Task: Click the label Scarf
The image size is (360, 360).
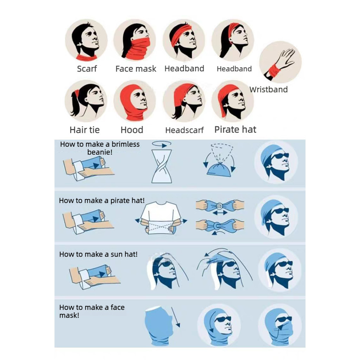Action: coord(87,69)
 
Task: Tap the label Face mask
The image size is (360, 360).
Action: coord(136,69)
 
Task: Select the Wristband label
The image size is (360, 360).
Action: coord(268,89)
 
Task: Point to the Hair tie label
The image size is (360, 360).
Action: coord(84,130)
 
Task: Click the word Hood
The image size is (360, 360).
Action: coord(132,130)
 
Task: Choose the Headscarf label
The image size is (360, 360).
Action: coord(184,130)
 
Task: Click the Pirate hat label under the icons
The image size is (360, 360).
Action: coord(235,129)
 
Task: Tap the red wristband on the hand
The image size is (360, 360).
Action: coord(274,70)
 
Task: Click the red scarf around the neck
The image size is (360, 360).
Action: coord(86,57)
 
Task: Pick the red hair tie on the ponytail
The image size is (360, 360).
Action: coord(77,93)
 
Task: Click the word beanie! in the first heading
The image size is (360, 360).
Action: coord(99,152)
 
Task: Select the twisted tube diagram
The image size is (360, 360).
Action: coord(161,166)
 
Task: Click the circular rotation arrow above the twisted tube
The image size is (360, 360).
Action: coord(161,144)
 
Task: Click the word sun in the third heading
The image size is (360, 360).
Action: coord(116,255)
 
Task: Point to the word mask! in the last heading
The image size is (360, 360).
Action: coord(69,315)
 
